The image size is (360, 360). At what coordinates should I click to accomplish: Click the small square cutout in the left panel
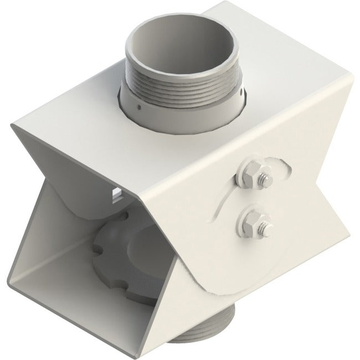[x=117, y=193]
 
